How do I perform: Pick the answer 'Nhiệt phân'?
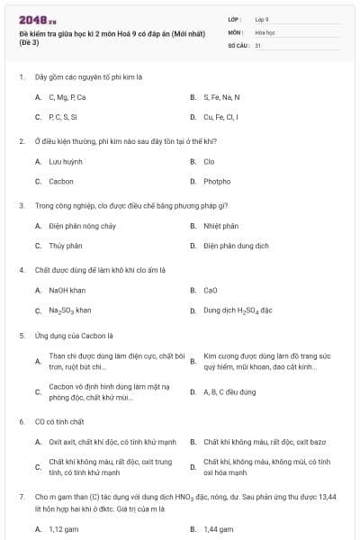(x=220, y=226)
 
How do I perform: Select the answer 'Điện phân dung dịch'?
(x=236, y=246)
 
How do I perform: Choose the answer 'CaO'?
(x=211, y=291)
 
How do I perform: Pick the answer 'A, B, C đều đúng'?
(x=229, y=391)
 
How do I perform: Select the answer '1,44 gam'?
(x=219, y=529)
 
